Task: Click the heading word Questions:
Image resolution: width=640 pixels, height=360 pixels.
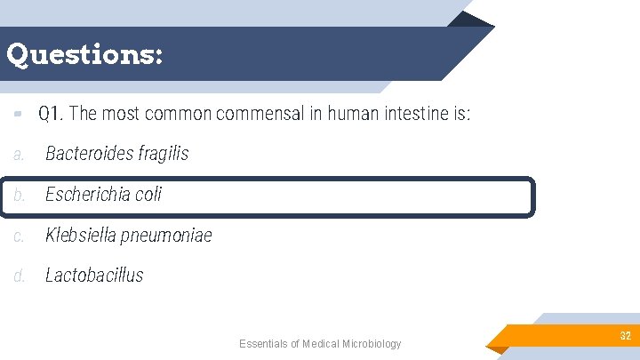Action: [x=84, y=55]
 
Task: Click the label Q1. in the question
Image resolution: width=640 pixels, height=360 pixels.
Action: [x=51, y=114]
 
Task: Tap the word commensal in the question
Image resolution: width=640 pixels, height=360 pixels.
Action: [x=270, y=114]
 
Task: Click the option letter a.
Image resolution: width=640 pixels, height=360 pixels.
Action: [x=19, y=155]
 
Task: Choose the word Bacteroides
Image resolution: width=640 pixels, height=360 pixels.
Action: [x=89, y=154]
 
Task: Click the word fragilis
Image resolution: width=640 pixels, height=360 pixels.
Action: [x=164, y=154]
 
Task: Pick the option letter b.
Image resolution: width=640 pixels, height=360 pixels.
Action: [x=19, y=195]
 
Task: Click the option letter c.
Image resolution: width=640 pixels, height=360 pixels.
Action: [x=19, y=236]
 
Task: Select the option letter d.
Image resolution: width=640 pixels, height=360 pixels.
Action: [x=19, y=276]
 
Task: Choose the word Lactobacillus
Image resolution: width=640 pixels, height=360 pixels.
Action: [x=94, y=276]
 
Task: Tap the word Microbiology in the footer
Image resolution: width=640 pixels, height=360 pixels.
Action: [x=372, y=344]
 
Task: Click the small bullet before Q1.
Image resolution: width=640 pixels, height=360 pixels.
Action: [x=18, y=114]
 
